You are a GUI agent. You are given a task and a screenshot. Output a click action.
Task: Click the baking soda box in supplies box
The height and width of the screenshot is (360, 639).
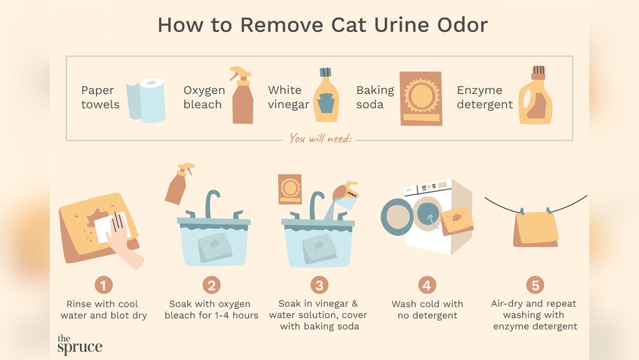point(420,98)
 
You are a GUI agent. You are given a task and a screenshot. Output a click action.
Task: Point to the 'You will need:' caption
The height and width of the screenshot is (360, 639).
point(319,138)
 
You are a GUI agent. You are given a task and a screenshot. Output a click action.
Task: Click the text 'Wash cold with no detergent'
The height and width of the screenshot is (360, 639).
point(427,309)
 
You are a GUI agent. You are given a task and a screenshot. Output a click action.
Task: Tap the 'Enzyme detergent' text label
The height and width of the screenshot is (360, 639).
point(484,97)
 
